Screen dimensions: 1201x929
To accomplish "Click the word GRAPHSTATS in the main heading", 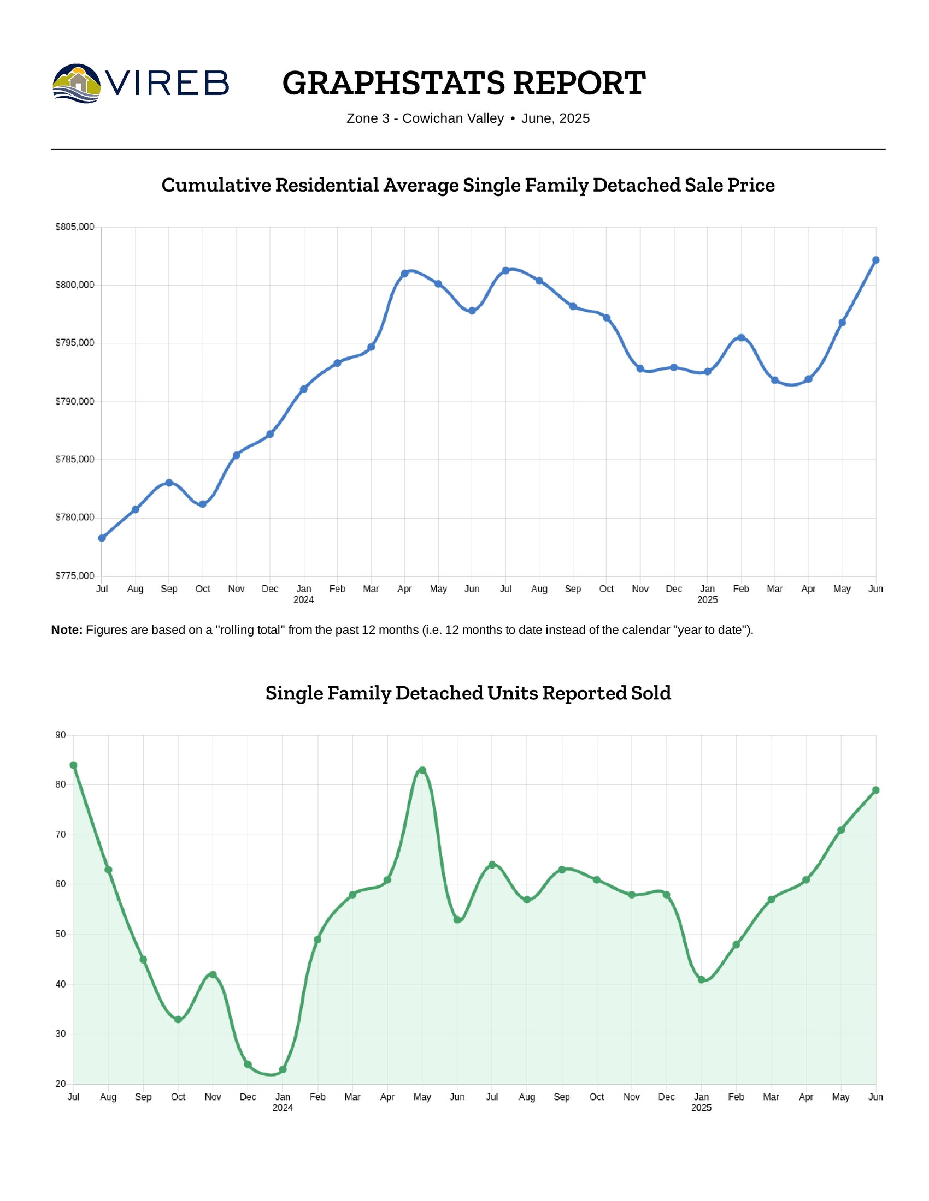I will (x=393, y=83).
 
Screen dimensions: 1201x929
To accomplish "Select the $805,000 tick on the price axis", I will (x=75, y=227).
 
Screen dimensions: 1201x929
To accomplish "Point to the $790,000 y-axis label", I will (x=75, y=401).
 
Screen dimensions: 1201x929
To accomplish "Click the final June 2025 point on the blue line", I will (x=875, y=260).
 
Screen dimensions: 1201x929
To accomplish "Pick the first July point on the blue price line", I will (x=102, y=538).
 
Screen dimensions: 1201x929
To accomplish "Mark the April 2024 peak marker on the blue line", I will (x=404, y=274).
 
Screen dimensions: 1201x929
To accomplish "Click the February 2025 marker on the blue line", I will (x=741, y=337).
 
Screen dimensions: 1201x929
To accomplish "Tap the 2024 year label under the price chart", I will (x=303, y=600).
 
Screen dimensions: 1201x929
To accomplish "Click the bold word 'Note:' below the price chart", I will (x=67, y=630).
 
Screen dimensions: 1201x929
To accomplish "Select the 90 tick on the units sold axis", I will (x=61, y=735).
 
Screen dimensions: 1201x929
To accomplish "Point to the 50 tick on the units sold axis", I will (x=61, y=934).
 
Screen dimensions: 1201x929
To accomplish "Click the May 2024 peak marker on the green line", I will (x=422, y=770).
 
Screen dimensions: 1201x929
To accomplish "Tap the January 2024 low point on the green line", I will (x=283, y=1069).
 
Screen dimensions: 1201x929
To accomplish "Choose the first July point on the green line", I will (x=74, y=765).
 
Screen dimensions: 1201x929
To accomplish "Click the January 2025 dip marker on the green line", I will (x=701, y=979).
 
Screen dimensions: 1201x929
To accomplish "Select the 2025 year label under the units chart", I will (x=701, y=1108).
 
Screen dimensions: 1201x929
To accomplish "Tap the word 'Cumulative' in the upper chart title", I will (x=216, y=185).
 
